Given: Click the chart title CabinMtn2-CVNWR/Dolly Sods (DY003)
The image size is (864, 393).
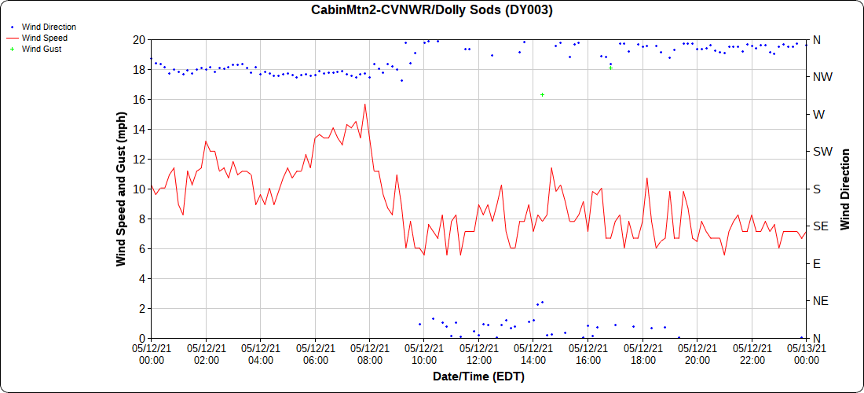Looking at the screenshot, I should tap(432, 10).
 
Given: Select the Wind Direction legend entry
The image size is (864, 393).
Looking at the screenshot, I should tap(49, 27).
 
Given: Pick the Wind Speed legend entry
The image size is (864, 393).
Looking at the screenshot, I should tap(44, 38).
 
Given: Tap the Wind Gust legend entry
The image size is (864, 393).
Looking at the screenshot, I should tap(42, 49).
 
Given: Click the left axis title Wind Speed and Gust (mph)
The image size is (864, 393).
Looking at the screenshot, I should tap(121, 189).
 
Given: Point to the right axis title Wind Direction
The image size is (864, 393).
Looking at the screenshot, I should tap(845, 189).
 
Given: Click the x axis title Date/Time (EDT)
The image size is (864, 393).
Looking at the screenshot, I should tap(478, 376).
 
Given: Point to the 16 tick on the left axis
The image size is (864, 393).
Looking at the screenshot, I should tap(137, 99).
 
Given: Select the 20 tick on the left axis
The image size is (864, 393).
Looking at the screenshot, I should tap(137, 39).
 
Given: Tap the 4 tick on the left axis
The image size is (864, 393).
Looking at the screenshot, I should tap(140, 278).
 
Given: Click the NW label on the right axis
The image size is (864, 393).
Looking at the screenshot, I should tap(822, 77).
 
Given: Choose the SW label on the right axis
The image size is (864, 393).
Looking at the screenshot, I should tap(822, 152).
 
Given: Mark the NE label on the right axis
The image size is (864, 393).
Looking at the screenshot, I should tap(821, 301).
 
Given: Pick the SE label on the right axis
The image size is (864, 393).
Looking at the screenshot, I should tap(821, 226).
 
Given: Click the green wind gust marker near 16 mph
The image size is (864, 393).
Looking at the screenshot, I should tap(542, 94).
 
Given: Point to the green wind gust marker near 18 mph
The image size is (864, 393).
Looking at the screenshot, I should tap(610, 68).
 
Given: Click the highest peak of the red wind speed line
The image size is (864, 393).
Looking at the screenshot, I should tap(364, 105).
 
